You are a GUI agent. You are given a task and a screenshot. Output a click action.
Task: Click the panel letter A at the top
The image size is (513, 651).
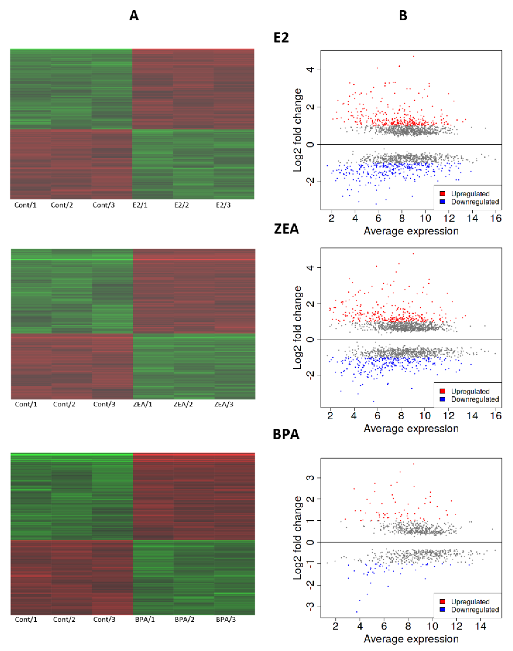[134, 16]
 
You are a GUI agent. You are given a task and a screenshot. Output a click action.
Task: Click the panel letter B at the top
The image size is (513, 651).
[403, 16]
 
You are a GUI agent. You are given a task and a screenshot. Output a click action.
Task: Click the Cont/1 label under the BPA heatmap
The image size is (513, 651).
[26, 620]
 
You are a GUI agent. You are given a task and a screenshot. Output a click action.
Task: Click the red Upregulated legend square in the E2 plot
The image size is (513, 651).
[443, 194]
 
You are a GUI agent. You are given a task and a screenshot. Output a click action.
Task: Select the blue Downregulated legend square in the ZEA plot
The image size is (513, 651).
[443, 399]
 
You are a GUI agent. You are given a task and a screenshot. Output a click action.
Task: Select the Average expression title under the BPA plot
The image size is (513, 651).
[411, 639]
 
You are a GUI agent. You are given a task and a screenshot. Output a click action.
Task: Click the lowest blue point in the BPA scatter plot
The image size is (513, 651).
[356, 612]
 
